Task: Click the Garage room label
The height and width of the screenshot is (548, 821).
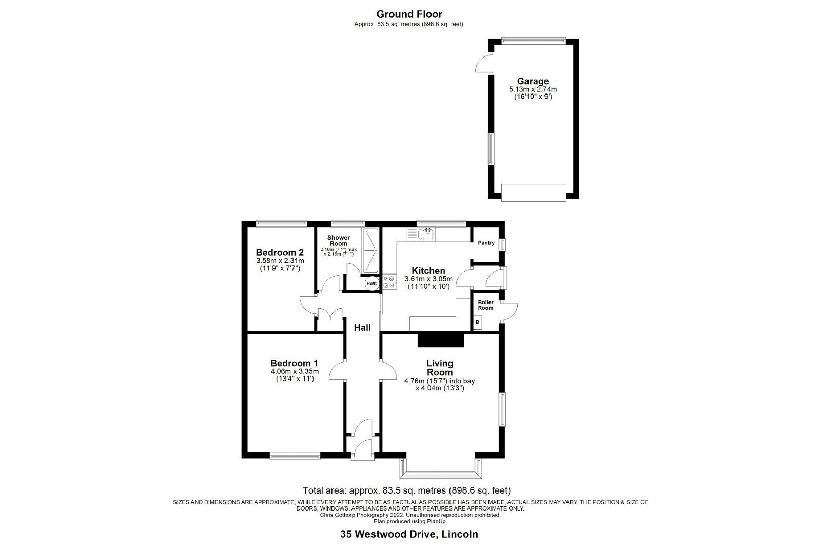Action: click(533, 81)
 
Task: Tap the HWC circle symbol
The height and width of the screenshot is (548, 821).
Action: click(372, 284)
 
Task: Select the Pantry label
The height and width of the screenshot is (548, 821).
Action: click(486, 243)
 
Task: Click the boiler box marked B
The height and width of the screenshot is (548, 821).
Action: click(478, 322)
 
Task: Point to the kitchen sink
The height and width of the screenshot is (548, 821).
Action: click(426, 235)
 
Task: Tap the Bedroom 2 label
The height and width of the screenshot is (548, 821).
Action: click(280, 252)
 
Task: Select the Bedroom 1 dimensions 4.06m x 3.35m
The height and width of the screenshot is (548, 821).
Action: click(295, 371)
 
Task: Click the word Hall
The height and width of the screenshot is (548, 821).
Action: click(362, 327)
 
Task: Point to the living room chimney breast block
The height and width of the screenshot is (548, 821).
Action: click(440, 339)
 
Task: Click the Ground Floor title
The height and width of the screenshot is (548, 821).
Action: click(409, 14)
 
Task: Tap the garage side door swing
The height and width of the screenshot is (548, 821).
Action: click(482, 63)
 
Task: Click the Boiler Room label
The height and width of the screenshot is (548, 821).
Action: click(485, 305)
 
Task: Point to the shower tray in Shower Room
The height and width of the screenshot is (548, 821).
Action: click(370, 251)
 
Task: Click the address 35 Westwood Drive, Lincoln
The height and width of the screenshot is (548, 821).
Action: click(409, 534)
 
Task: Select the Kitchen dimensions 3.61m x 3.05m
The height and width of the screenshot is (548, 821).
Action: click(428, 279)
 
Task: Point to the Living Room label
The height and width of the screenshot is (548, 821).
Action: click(440, 368)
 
